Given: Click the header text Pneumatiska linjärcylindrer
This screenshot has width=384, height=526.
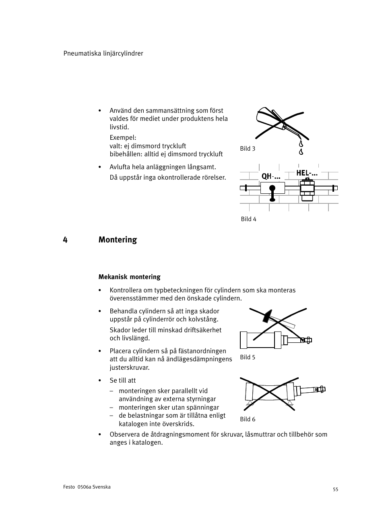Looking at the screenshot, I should click(103, 53).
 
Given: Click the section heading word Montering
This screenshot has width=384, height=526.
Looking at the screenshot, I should click(118, 240).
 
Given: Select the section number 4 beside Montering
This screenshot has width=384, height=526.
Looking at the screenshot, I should click(65, 240).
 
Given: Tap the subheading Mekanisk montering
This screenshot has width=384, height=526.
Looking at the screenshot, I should click(129, 277).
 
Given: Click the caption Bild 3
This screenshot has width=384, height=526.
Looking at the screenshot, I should click(248, 149).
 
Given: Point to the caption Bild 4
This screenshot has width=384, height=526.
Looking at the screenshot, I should click(248, 219).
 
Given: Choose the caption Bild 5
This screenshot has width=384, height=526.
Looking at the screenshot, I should click(248, 357).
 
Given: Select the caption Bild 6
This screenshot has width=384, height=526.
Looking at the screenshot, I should click(248, 419).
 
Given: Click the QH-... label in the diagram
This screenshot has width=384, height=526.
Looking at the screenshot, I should click(270, 176).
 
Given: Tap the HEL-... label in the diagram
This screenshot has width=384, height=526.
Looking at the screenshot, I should click(307, 173).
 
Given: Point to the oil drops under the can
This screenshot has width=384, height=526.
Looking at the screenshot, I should click(300, 147).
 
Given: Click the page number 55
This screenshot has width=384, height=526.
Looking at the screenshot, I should click(335, 489).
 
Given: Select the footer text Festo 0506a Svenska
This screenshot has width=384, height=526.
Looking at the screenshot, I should click(87, 487).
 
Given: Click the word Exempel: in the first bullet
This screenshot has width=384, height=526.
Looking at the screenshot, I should click(123, 138).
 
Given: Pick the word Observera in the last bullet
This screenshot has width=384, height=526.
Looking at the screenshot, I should click(125, 434).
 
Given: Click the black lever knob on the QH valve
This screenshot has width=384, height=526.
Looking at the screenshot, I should click(273, 188).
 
